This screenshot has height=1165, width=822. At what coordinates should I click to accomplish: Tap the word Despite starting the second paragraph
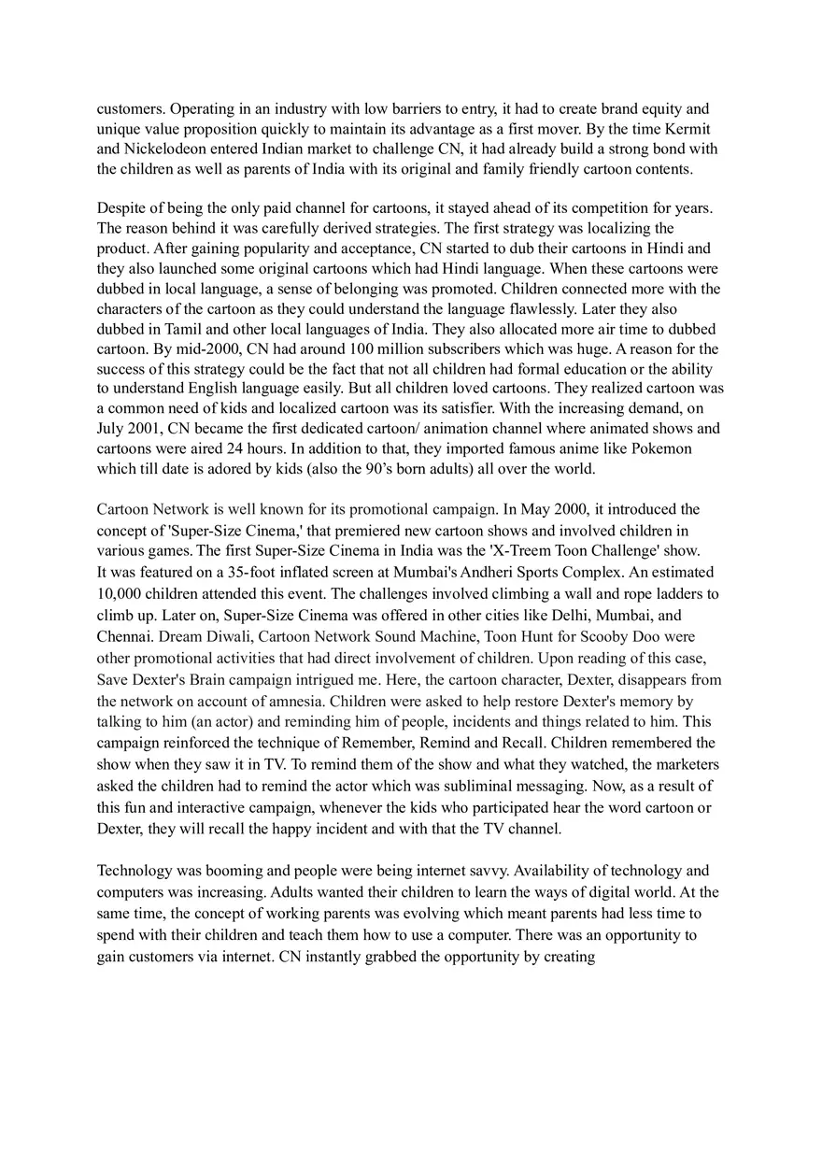pyautogui.click(x=123, y=208)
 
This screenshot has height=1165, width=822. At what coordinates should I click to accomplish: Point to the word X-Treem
pyautogui.click(x=526, y=551)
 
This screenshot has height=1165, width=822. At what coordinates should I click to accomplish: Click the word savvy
pyautogui.click(x=486, y=871)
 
